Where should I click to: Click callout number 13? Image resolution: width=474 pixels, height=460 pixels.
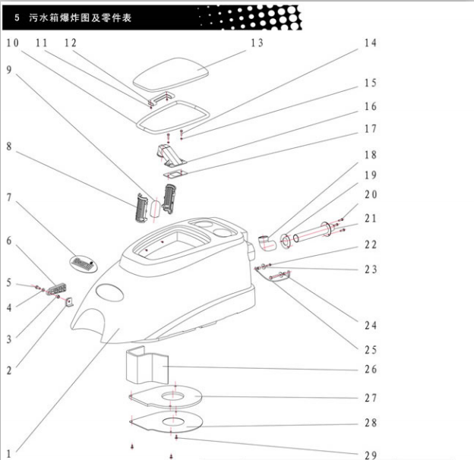257,43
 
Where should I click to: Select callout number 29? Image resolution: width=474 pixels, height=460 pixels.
371,455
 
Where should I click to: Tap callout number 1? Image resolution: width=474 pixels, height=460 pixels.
9,454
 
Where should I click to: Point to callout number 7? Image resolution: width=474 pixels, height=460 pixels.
9,197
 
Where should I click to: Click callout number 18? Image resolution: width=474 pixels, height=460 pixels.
371,155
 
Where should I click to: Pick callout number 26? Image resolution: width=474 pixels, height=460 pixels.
371,369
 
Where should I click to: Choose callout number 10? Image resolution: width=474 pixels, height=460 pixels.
13,43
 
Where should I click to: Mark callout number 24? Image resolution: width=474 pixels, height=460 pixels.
371,326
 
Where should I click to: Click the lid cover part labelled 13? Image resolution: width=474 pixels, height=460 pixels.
171,74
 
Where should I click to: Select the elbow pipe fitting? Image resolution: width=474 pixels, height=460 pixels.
267,243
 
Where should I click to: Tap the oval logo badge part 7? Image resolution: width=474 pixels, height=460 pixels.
84,263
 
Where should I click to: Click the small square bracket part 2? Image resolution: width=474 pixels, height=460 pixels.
69,302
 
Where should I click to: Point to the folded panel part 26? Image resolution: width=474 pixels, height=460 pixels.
147,365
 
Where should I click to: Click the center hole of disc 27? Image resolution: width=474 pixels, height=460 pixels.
172,395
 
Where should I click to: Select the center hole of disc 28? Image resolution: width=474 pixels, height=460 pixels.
174,421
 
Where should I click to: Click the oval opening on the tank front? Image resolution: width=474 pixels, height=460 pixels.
109,292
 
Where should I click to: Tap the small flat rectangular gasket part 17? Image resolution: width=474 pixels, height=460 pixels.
175,174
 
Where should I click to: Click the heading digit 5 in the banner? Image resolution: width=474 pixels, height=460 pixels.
17,17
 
